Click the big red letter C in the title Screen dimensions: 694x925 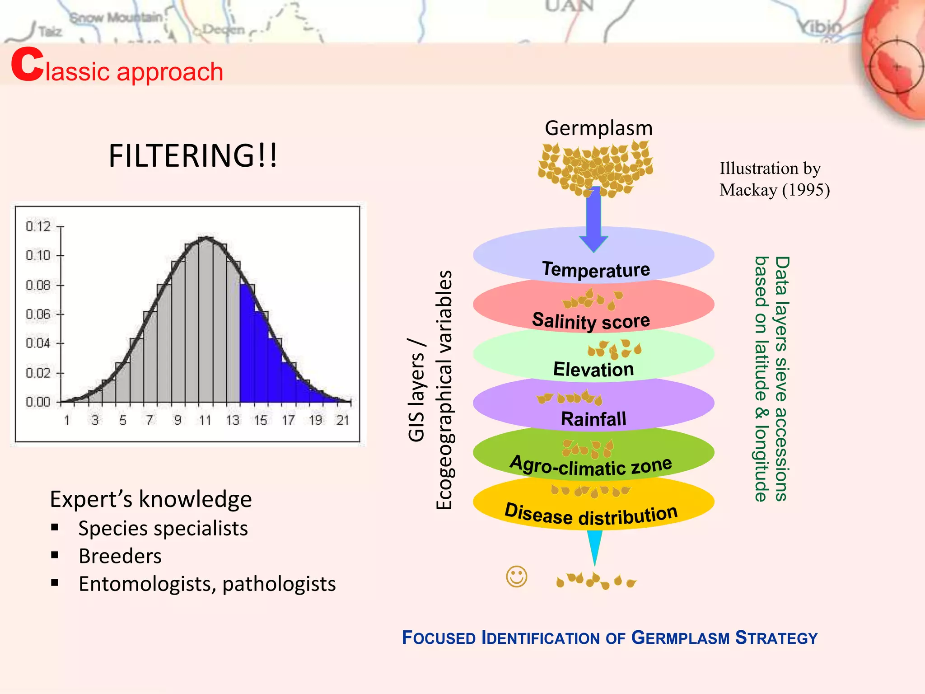[27, 66]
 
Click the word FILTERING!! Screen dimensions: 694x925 [193, 156]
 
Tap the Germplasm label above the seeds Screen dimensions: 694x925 [598, 128]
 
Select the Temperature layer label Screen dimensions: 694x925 [596, 270]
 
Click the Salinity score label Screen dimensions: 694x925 [591, 321]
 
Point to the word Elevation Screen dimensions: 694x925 [593, 370]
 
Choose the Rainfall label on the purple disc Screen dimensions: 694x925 [593, 419]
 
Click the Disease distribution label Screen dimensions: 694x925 [591, 515]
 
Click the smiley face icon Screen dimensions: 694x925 [516, 577]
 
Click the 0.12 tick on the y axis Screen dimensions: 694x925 [38, 226]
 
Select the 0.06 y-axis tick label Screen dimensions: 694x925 [38, 314]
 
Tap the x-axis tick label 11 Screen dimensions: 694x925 [205, 421]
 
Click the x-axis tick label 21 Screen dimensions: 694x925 [343, 421]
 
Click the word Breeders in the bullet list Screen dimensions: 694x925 [120, 556]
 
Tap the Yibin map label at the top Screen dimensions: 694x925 [820, 27]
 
